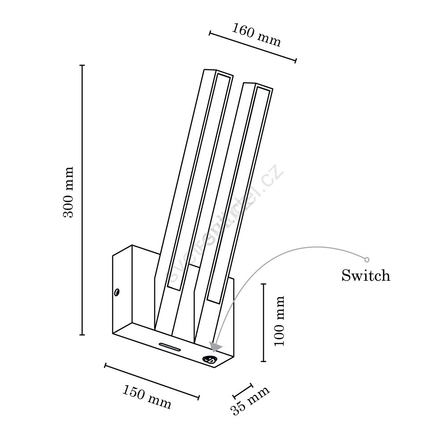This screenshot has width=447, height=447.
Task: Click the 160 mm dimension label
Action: pos(256,35)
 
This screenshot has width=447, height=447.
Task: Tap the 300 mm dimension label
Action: pos(68,192)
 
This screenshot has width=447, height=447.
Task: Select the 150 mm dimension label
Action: pos(147,396)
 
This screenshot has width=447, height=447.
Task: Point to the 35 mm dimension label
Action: pos(249,401)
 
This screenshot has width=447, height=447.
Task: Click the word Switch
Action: pos(366,275)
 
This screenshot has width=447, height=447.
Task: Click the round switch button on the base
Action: pos(210,359)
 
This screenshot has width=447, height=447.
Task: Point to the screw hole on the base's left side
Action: pos(117,292)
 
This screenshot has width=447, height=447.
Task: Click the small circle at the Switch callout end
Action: pos(367,259)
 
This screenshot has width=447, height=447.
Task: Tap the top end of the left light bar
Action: pos(219,72)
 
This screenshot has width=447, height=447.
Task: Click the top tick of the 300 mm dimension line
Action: pos(82,65)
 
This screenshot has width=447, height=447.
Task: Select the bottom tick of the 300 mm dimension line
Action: pos(82,335)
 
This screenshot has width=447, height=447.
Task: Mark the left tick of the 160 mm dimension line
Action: pos(210,33)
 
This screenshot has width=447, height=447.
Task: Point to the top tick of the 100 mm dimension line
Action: pos(264,284)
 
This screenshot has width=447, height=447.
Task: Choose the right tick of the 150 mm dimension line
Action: pos(199,397)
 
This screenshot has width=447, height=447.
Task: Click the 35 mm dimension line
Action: pos(243,391)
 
